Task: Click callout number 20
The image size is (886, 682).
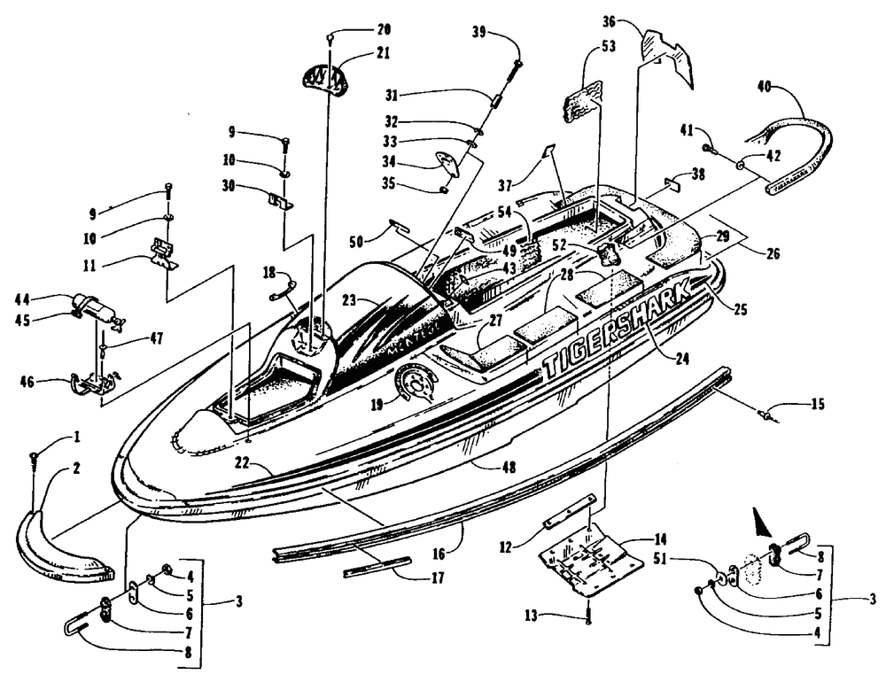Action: (359, 28)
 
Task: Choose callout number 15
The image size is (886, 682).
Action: (816, 406)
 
